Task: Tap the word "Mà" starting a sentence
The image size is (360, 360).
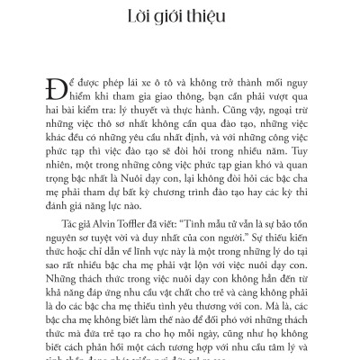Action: pyautogui.click(x=292, y=314)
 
